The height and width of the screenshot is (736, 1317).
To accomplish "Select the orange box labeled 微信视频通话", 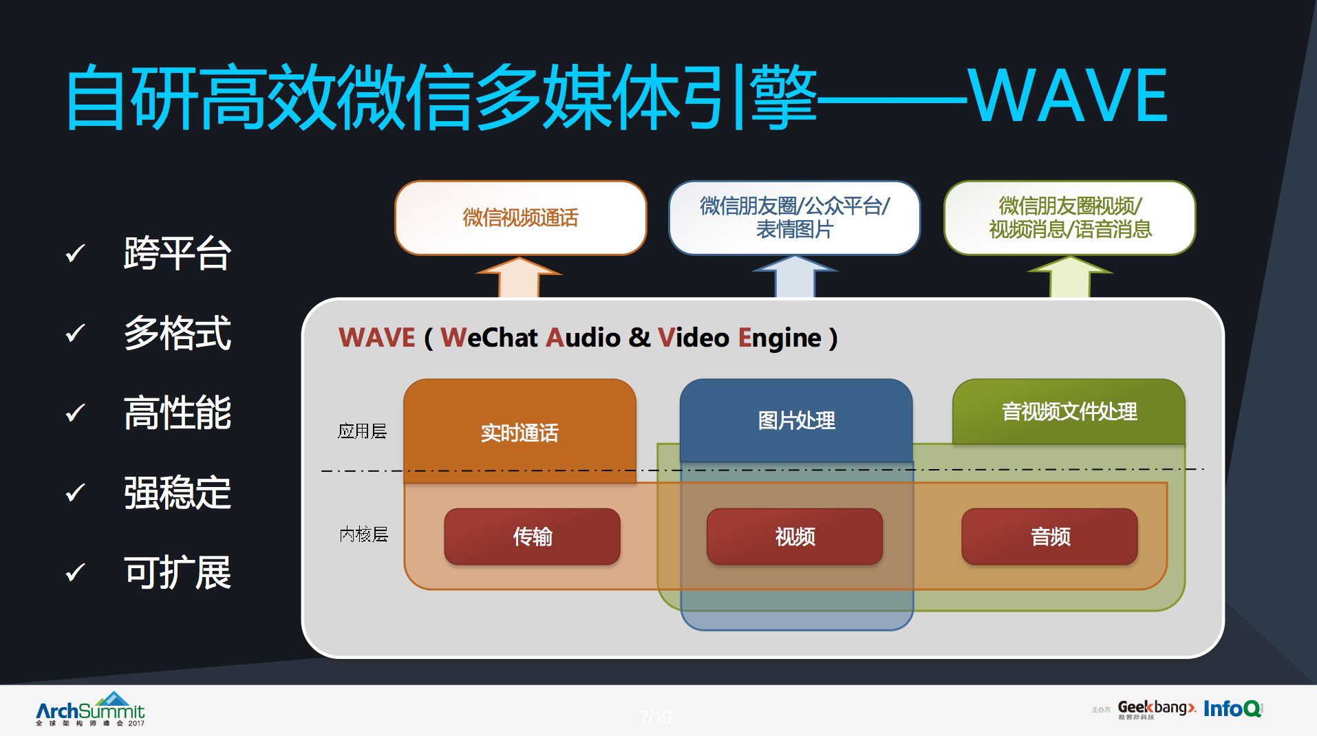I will click(520, 218).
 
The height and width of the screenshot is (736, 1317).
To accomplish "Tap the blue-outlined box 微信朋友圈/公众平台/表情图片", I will click(794, 217).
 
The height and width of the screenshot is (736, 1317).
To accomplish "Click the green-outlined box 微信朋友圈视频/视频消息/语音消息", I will click(1069, 217).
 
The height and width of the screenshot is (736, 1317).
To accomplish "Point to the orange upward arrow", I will click(520, 277).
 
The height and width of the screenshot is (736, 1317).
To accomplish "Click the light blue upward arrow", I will click(795, 277).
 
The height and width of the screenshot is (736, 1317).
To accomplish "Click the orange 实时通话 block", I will click(520, 432).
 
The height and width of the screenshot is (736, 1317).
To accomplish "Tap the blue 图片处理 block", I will click(796, 420).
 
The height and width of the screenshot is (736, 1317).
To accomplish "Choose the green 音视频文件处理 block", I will click(1069, 411).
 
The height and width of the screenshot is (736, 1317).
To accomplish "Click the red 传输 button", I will click(532, 537).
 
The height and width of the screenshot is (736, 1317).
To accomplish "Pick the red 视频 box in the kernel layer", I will click(795, 537).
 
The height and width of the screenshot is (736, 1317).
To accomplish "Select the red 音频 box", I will click(1049, 537).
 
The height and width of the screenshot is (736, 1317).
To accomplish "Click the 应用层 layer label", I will click(362, 431).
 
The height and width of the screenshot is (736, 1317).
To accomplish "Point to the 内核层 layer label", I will click(363, 534).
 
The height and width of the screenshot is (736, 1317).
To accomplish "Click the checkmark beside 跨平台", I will click(74, 254).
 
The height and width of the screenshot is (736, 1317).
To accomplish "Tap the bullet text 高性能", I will click(177, 413).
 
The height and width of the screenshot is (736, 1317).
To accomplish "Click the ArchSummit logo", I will click(90, 709).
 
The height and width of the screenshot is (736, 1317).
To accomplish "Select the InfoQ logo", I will click(1232, 708).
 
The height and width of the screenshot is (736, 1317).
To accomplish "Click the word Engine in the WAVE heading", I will click(779, 338).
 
